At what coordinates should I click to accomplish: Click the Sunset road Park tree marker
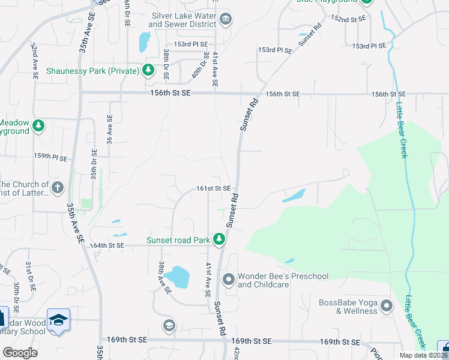point(219,240)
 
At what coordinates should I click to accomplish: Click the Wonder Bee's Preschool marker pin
point(228,280)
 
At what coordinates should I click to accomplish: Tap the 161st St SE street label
point(214,188)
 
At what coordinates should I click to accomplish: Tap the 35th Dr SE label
point(94,165)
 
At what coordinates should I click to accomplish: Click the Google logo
point(20,353)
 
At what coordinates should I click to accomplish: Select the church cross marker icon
point(57,187)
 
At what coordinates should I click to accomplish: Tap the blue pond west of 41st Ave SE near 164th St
point(178,277)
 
